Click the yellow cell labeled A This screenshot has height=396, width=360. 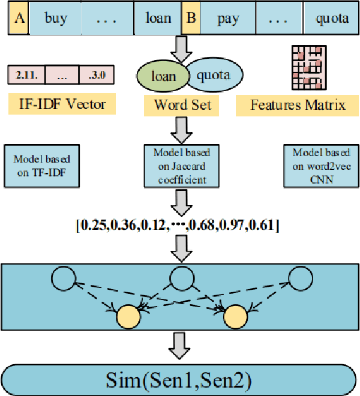point(19,18)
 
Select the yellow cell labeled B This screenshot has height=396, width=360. point(191,18)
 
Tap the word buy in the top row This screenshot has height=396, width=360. point(55,18)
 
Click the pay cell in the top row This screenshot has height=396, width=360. point(229,18)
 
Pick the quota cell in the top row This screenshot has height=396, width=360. point(331,18)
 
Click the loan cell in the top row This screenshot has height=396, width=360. point(158,18)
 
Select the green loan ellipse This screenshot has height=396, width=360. point(164,76)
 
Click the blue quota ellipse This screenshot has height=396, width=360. point(215,76)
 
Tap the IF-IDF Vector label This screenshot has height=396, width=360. point(61,104)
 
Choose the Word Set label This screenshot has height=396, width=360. point(179,106)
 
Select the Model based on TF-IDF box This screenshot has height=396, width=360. point(43,164)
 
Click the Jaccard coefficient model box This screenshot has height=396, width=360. point(179,163)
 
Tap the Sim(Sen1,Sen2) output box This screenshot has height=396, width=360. point(179,379)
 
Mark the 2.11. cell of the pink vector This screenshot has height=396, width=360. point(26,75)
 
